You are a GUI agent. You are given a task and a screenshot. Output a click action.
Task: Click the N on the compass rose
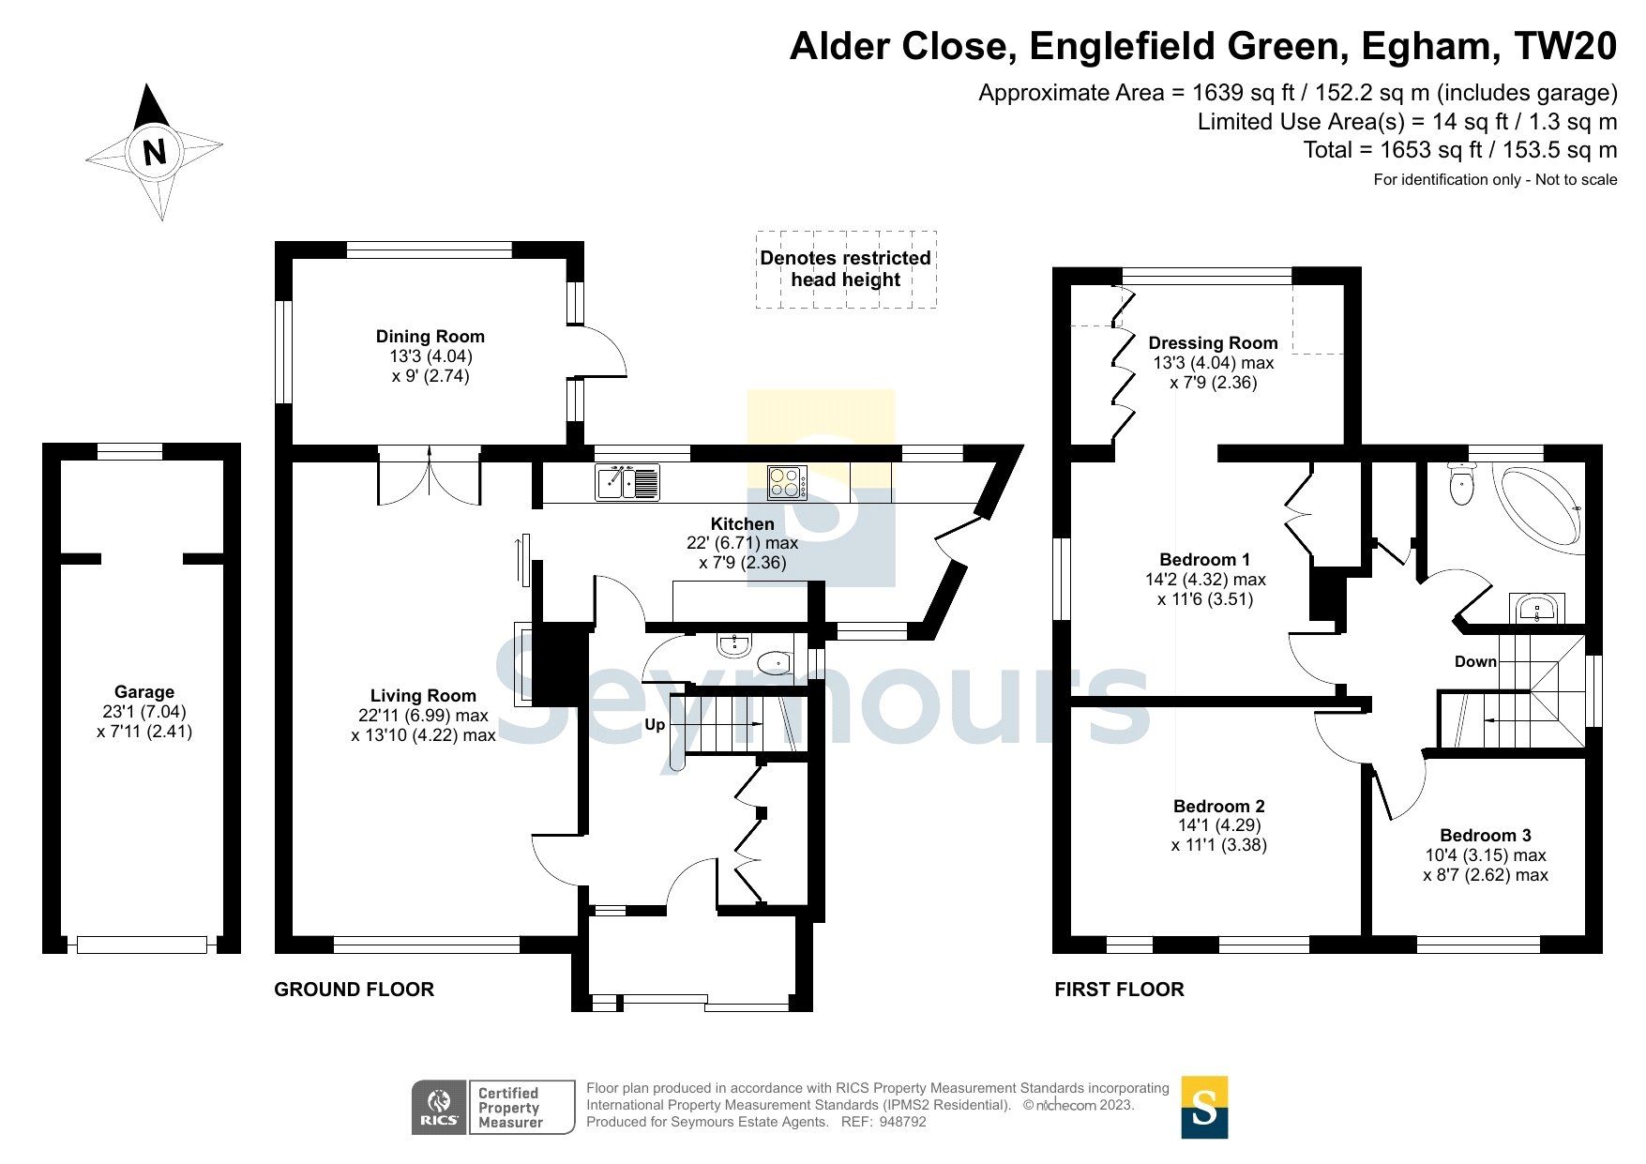[x=155, y=152]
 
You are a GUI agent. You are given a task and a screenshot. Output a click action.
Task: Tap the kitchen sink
[x=627, y=482]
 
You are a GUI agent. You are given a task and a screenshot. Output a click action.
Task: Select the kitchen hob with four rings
[x=785, y=482]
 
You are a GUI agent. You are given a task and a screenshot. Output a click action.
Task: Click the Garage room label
[x=144, y=692]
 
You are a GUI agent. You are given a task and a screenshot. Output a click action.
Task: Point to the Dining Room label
[x=430, y=337]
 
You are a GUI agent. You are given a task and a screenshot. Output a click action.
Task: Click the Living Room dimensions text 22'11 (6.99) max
[x=423, y=716]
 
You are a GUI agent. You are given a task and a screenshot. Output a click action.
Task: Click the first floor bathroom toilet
[x=1461, y=484]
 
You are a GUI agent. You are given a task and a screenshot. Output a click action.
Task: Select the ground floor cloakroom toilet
[x=775, y=663]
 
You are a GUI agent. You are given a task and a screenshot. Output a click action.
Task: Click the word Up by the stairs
[x=655, y=724]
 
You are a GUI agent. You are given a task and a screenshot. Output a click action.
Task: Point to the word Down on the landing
[x=1475, y=661]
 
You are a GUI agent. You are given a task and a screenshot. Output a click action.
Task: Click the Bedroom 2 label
[x=1218, y=807]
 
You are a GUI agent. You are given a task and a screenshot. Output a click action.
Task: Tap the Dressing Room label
[x=1213, y=343]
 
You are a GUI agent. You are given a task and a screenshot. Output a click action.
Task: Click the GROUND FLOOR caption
[x=354, y=990]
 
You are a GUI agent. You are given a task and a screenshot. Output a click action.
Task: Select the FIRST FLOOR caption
[x=1119, y=990]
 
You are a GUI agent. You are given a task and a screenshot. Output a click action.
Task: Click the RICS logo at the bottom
[x=439, y=1107]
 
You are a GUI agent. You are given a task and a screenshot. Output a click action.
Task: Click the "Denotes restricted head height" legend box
[x=845, y=269]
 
